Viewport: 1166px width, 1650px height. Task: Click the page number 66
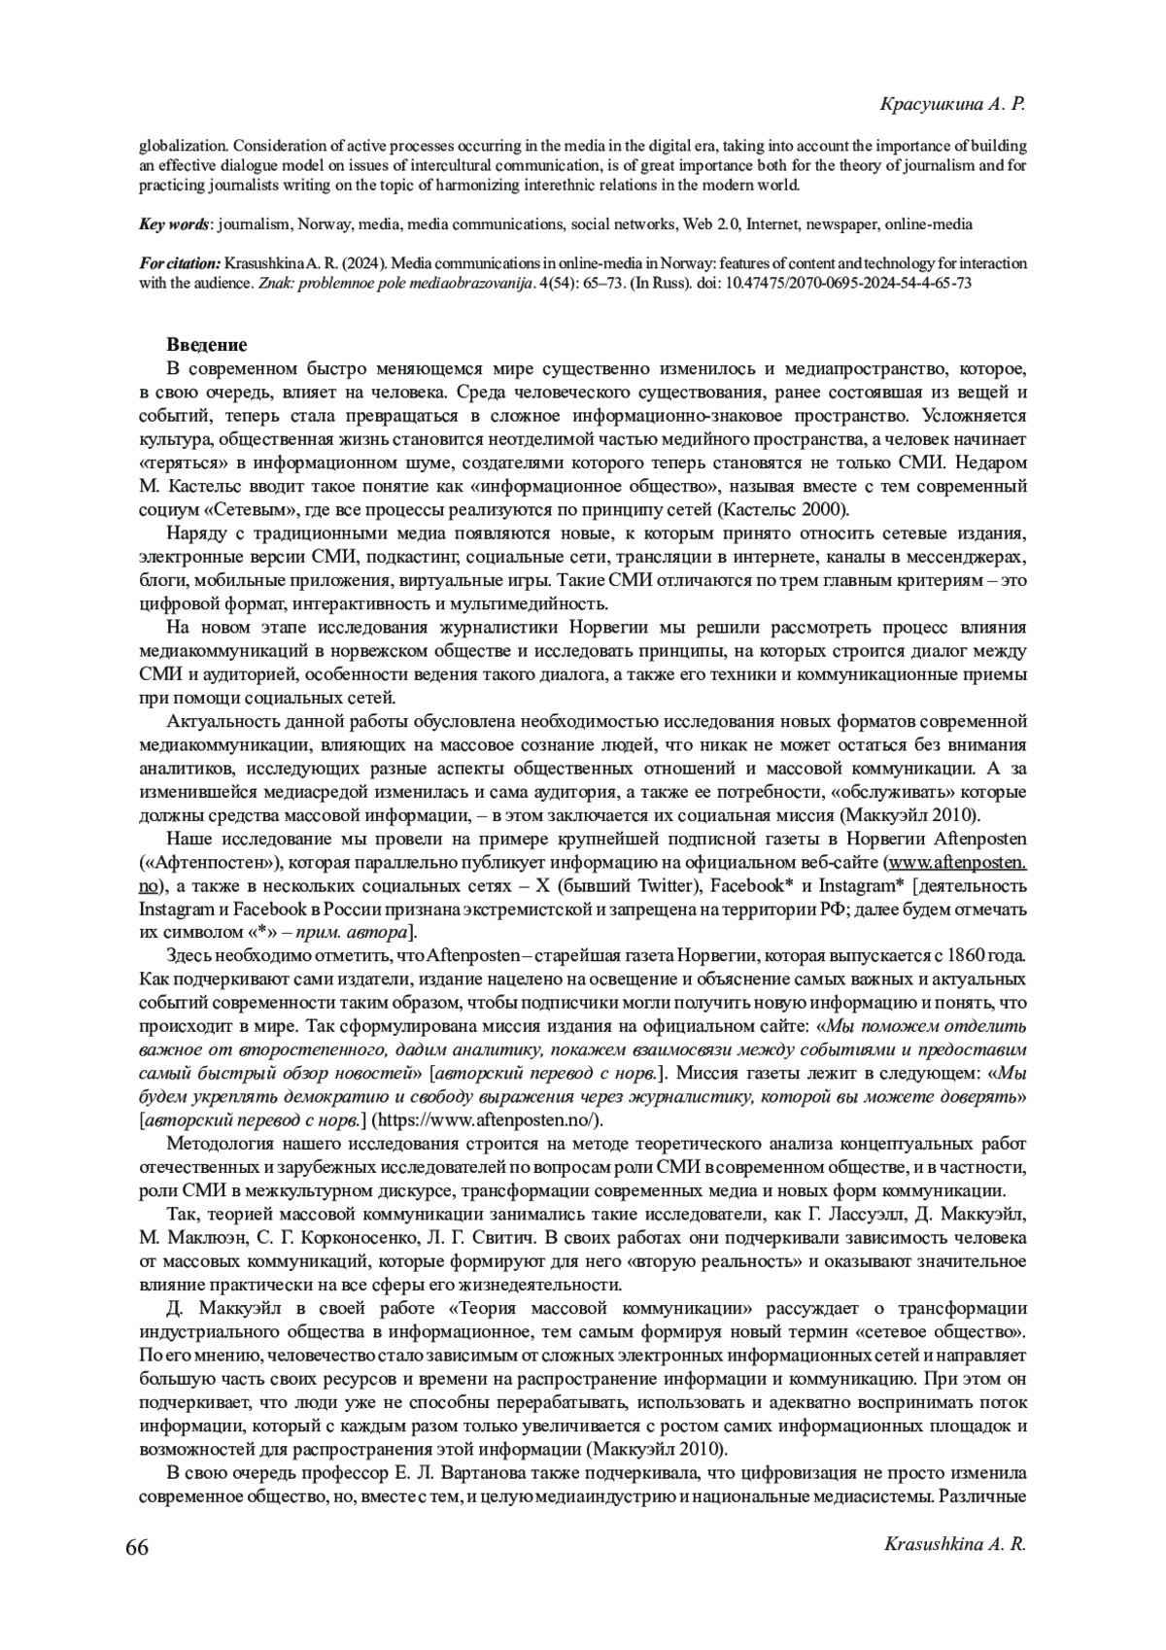point(137,1548)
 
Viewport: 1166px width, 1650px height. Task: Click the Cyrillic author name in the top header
point(952,104)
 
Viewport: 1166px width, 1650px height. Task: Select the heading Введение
point(207,345)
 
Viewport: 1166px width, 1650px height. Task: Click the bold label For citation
point(180,264)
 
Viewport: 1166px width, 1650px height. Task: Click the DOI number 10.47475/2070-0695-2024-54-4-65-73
point(849,284)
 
